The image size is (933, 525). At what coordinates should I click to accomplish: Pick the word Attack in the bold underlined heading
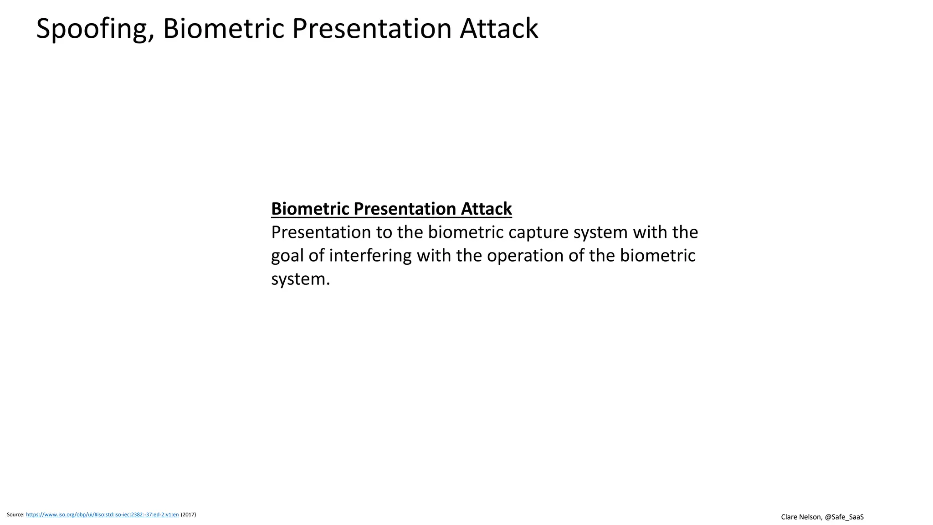point(486,209)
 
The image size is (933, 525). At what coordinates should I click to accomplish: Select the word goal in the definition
point(287,256)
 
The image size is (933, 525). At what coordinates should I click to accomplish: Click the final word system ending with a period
point(300,279)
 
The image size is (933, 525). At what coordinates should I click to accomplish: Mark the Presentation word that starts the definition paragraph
point(321,232)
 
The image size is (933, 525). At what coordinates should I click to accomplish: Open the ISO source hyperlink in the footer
point(103,515)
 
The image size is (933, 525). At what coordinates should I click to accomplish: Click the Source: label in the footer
point(15,515)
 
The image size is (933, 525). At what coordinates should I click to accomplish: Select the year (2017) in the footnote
point(189,515)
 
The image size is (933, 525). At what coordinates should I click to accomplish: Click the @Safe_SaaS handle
point(844,517)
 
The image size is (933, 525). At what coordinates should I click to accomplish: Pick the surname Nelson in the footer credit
point(811,517)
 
